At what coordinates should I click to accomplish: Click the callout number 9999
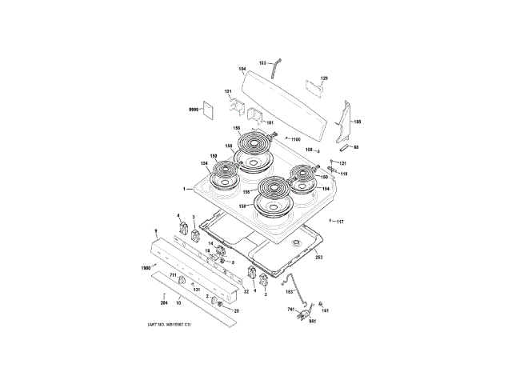pos(193,107)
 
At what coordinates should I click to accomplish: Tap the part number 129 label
pos(324,78)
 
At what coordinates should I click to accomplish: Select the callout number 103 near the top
pos(262,62)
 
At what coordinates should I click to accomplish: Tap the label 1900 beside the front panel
pos(146,267)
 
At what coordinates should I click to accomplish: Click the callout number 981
pos(313,321)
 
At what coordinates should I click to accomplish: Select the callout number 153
pos(289,294)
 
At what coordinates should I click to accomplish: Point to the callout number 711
pos(172,275)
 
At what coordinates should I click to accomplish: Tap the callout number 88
pos(356,147)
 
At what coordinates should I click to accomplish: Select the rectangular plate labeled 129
pos(313,87)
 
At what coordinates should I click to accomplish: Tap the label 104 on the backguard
pos(242,69)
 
